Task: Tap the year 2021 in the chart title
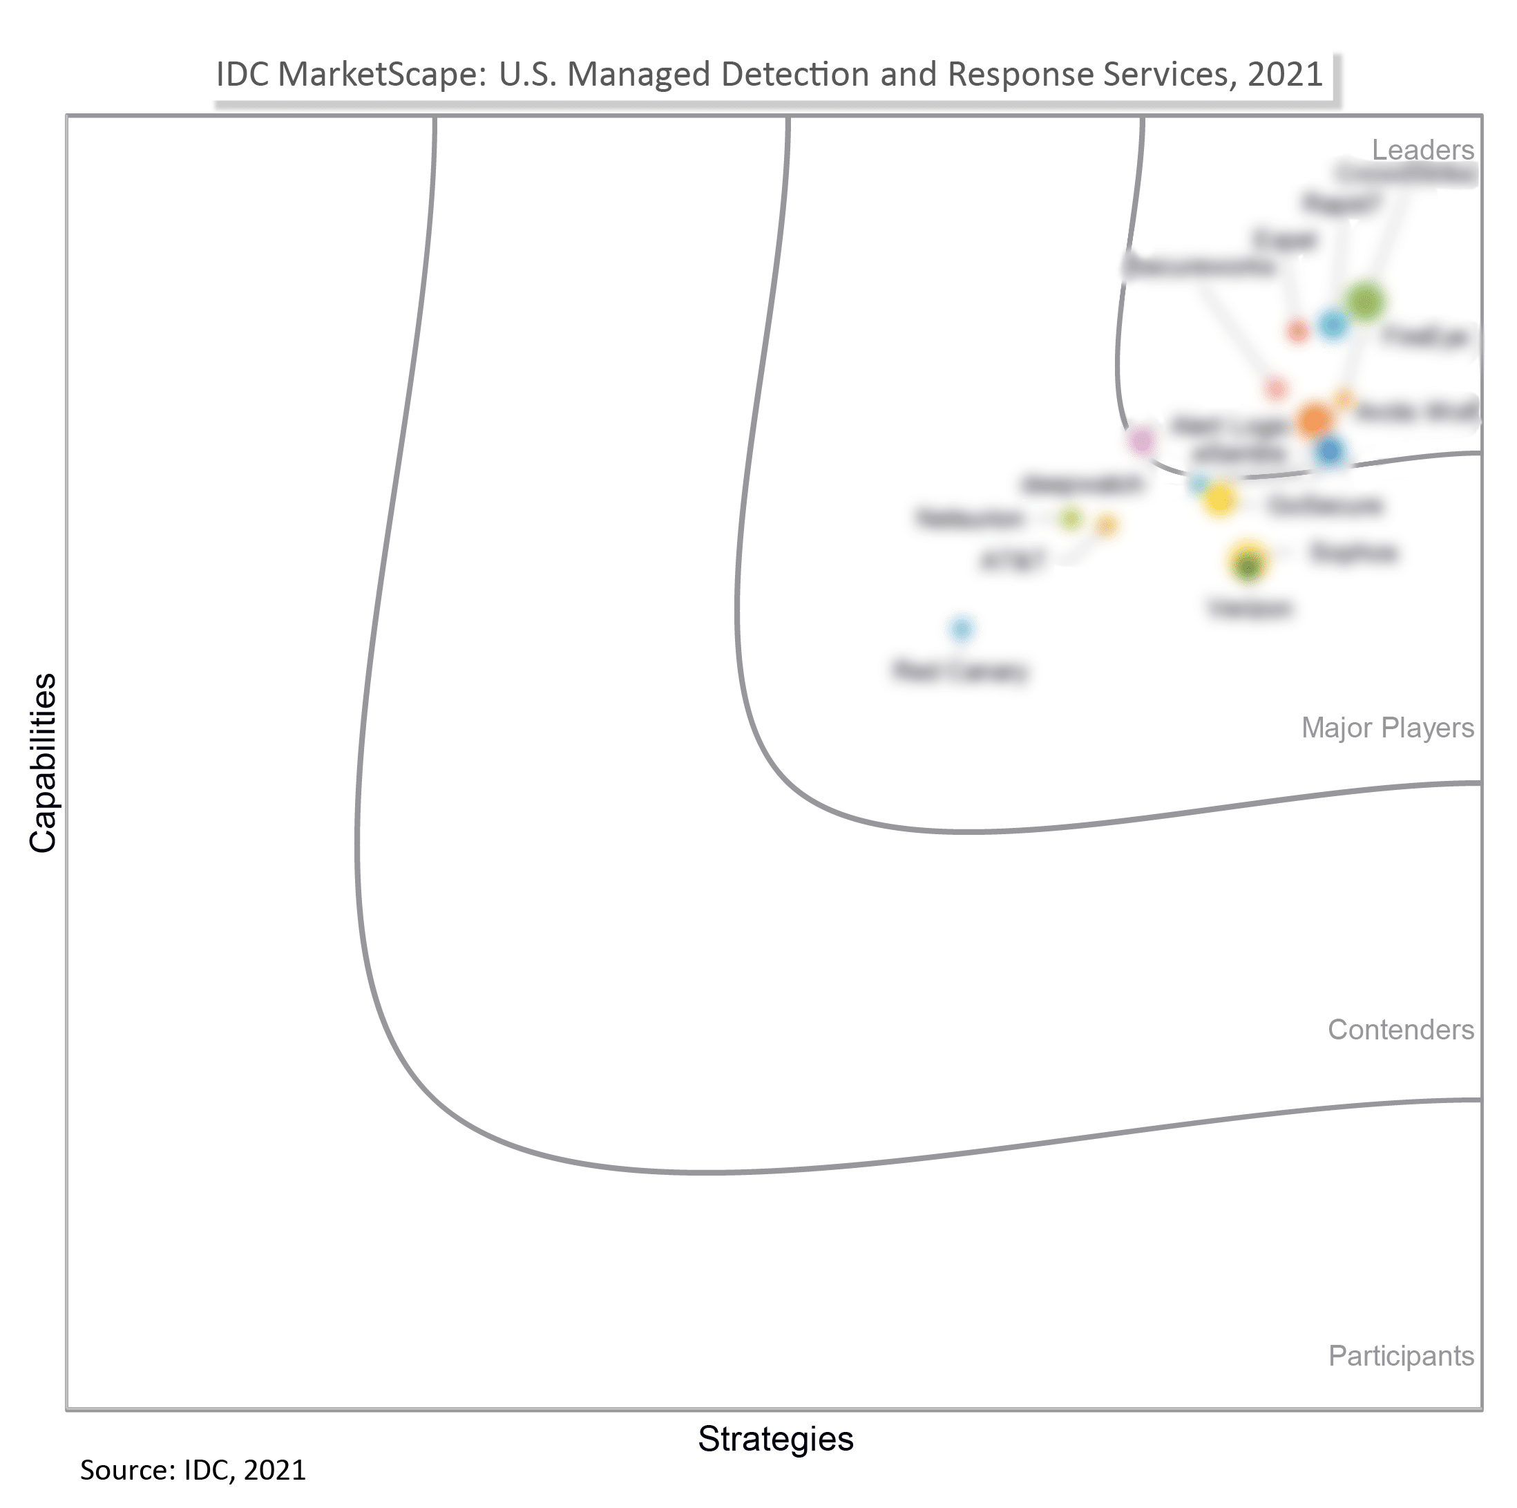point(1286,75)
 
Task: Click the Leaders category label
point(1422,149)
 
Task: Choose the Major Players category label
point(1386,727)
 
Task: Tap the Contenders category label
point(1400,1029)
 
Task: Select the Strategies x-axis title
point(775,1438)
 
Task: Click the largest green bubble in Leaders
point(1364,301)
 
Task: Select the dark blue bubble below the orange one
point(1329,451)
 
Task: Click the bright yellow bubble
point(1219,499)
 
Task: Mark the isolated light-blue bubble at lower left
point(961,628)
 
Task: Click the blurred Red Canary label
point(960,672)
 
